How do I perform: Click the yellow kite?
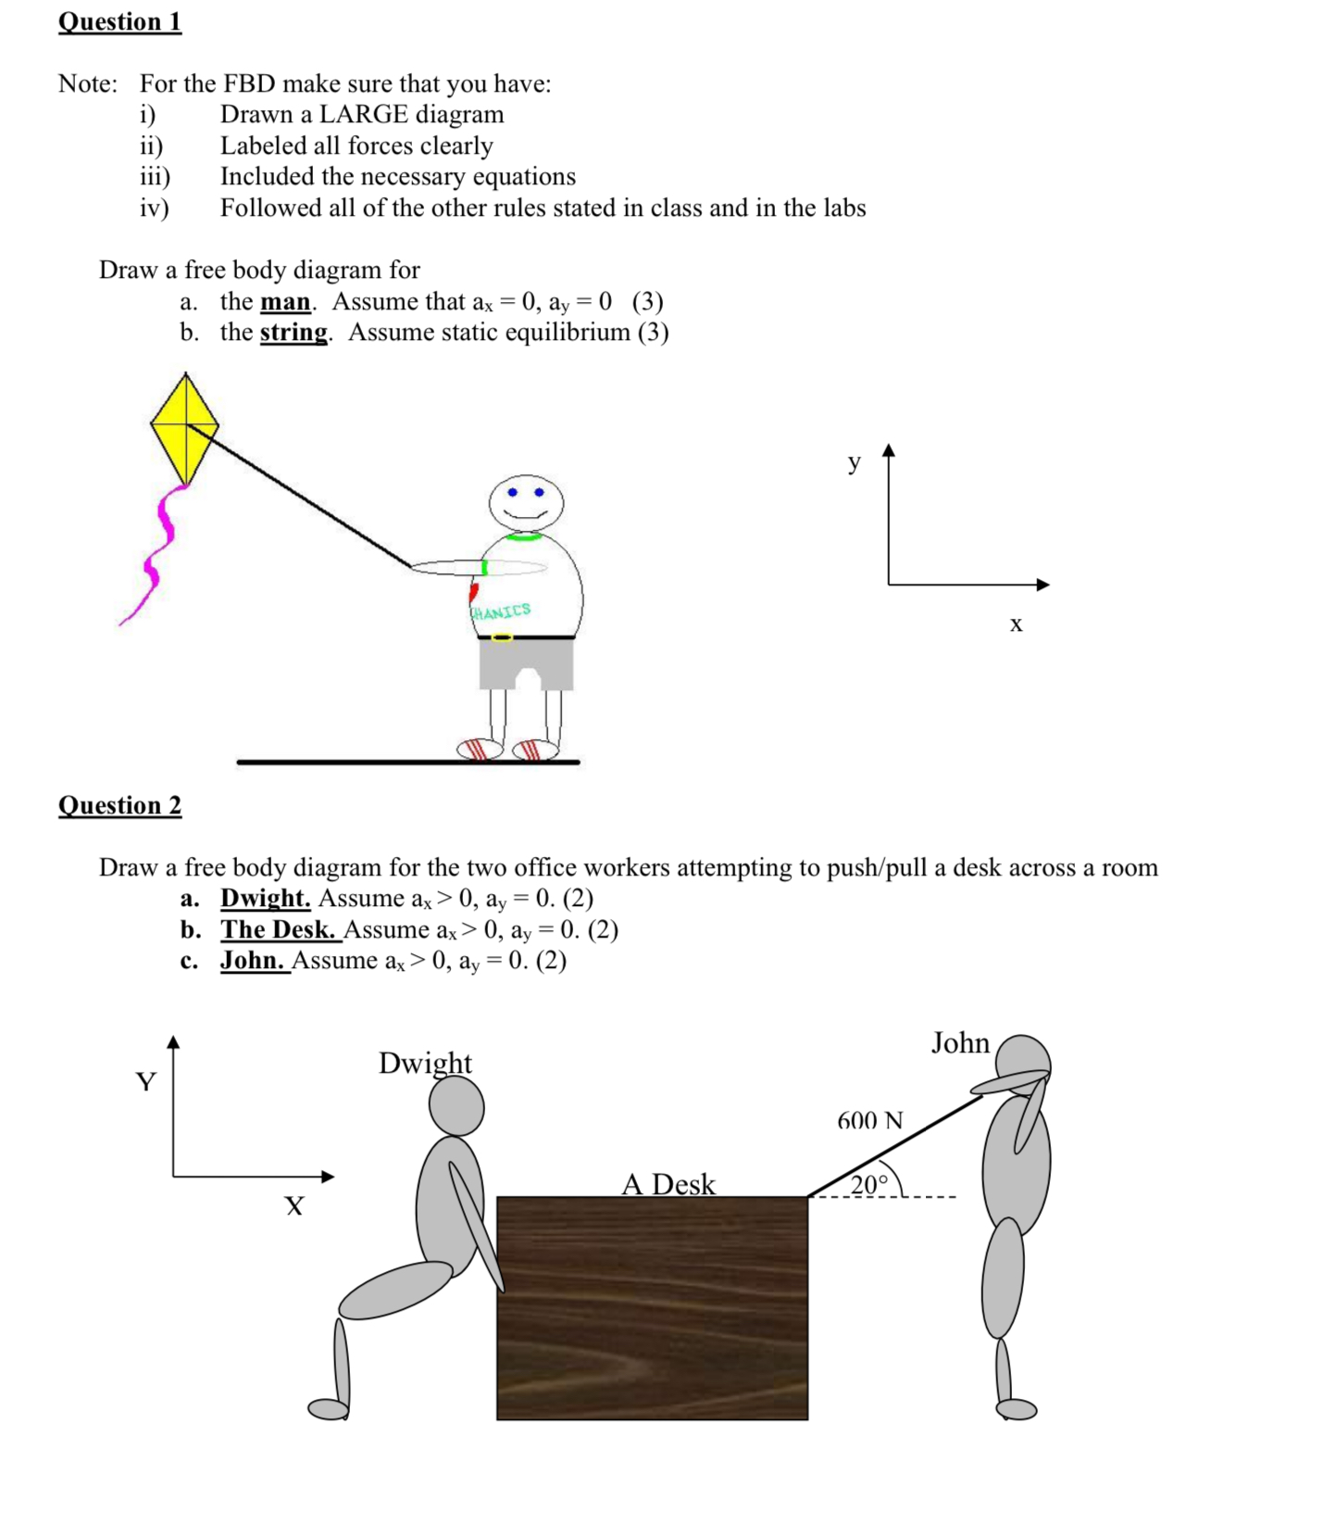point(184,427)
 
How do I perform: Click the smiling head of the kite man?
point(526,503)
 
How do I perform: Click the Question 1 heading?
point(119,21)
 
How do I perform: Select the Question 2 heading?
point(119,805)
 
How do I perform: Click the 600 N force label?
point(869,1121)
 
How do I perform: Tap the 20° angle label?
point(868,1184)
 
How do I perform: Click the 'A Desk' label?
point(668,1184)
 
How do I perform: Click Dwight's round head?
point(456,1107)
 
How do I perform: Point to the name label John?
point(960,1043)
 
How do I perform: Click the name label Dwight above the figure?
point(425,1063)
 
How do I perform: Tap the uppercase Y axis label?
point(145,1082)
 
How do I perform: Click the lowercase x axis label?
point(1016,624)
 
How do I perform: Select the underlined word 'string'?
point(294,333)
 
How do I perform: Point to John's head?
point(1023,1059)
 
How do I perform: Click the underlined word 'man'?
point(285,302)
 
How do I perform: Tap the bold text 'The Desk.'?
point(278,929)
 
